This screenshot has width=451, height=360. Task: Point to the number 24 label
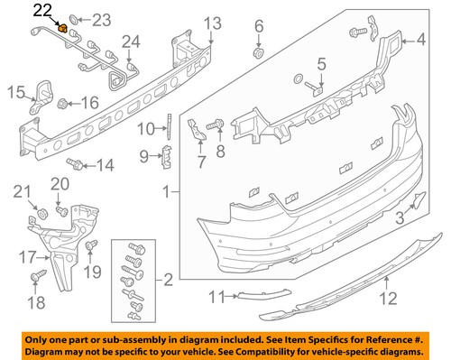click(132, 41)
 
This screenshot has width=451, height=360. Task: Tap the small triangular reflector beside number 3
click(416, 200)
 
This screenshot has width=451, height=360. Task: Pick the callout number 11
click(214, 297)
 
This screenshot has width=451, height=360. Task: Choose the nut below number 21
click(41, 212)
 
